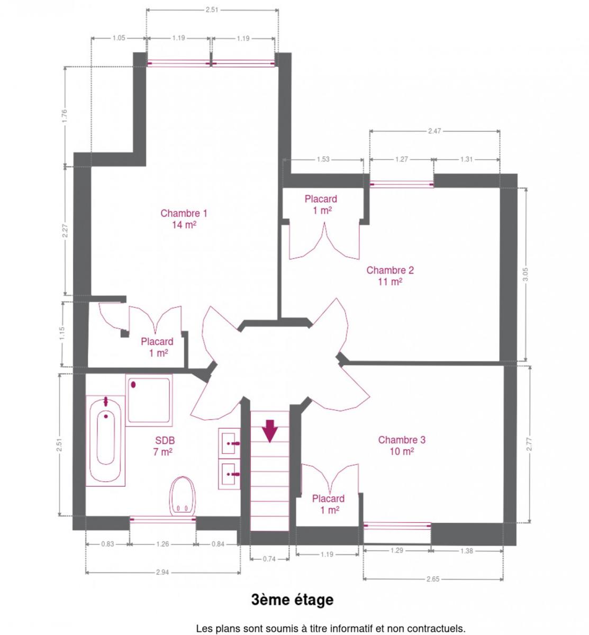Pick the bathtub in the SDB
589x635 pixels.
(x=105, y=441)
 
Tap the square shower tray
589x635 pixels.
(x=149, y=400)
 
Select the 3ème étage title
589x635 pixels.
(x=292, y=600)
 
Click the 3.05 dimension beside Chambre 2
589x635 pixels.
(x=525, y=274)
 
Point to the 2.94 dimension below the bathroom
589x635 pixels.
(x=162, y=573)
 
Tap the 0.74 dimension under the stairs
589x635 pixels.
(x=269, y=559)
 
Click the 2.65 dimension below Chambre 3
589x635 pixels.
(x=433, y=579)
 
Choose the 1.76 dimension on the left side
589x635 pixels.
(x=65, y=116)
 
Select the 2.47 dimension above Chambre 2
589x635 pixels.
(x=434, y=131)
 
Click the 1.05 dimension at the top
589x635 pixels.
(x=119, y=38)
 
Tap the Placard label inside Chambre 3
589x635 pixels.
(x=329, y=498)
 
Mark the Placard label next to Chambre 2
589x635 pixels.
(x=321, y=199)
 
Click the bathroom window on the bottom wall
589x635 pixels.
(x=163, y=520)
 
